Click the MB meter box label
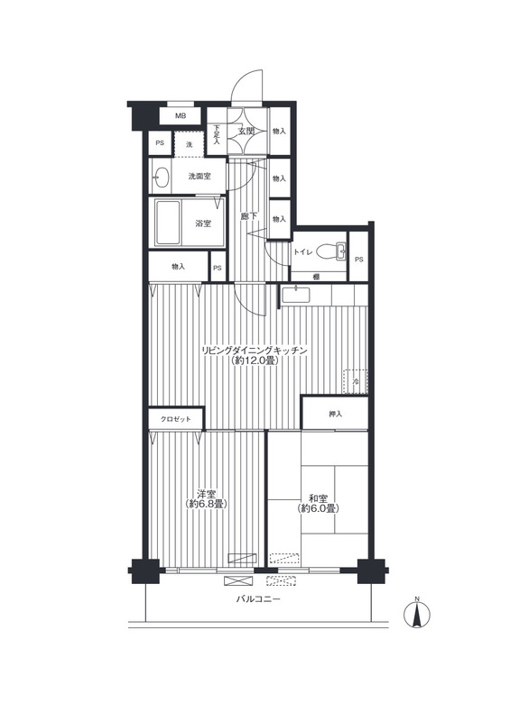[181, 116]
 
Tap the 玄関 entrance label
[246, 131]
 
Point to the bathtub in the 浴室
[168, 223]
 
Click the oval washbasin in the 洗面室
[161, 177]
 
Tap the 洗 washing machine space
[189, 144]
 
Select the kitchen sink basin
[296, 295]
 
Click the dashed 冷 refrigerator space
[356, 381]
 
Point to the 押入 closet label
[336, 415]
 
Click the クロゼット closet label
[175, 419]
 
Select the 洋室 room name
[207, 494]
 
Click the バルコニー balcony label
[258, 599]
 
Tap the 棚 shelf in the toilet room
[316, 277]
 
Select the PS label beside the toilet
[359, 260]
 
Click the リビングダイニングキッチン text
[255, 351]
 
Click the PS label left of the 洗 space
[160, 143]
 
